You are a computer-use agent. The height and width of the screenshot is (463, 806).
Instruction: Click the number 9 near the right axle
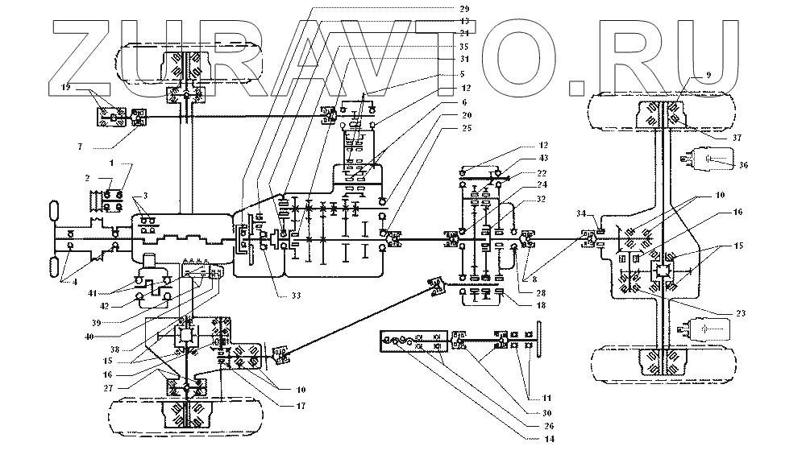(707, 74)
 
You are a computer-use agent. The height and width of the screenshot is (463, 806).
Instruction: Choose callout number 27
(107, 387)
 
